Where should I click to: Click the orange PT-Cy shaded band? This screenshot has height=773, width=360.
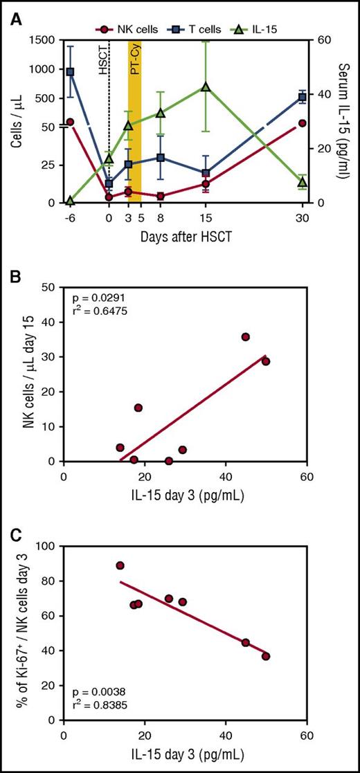[x=134, y=121]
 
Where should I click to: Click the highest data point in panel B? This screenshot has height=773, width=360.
[x=245, y=336]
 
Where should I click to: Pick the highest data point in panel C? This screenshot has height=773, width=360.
[x=120, y=565]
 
